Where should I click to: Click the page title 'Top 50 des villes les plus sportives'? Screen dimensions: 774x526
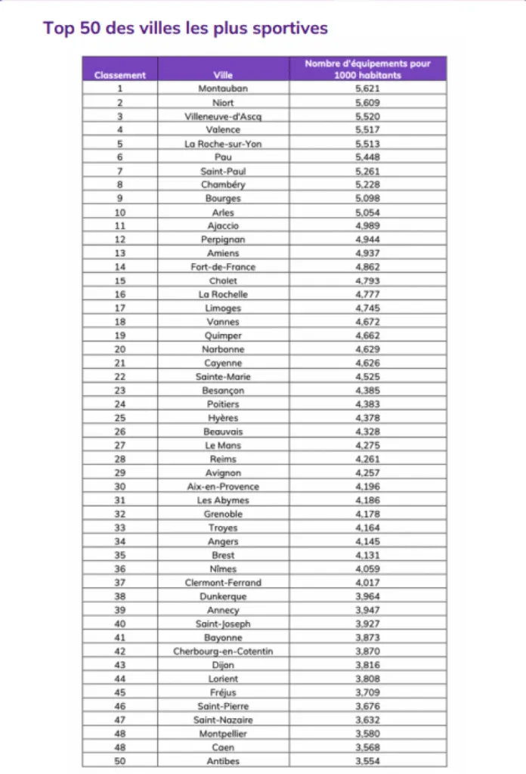click(x=185, y=29)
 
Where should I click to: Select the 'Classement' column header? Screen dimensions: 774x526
click(x=120, y=75)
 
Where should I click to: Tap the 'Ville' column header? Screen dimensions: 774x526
click(x=223, y=75)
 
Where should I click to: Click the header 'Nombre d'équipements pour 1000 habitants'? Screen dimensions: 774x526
click(x=367, y=70)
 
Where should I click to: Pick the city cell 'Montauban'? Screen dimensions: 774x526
click(x=223, y=89)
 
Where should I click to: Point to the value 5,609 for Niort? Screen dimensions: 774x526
click(x=367, y=103)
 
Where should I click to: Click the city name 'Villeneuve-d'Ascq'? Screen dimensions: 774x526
click(x=223, y=116)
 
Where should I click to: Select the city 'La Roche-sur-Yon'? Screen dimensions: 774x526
click(x=223, y=144)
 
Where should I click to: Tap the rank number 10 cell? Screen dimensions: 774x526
click(x=120, y=212)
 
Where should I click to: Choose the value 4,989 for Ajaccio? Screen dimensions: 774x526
click(x=367, y=226)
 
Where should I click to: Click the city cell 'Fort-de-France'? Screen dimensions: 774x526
click(x=223, y=267)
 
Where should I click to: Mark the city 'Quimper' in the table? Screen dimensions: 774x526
click(x=223, y=336)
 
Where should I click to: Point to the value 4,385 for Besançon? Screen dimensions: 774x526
click(x=367, y=390)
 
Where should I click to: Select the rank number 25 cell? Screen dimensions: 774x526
click(x=120, y=418)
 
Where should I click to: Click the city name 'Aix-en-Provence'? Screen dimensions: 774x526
click(x=223, y=486)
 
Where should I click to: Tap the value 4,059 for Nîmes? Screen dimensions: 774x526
click(x=367, y=568)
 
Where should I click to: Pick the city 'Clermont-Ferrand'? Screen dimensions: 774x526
click(x=223, y=582)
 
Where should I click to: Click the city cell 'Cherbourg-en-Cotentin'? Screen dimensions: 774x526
click(x=223, y=651)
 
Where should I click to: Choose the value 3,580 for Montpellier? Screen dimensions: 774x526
click(x=367, y=733)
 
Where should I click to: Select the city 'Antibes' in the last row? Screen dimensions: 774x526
click(x=223, y=761)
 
